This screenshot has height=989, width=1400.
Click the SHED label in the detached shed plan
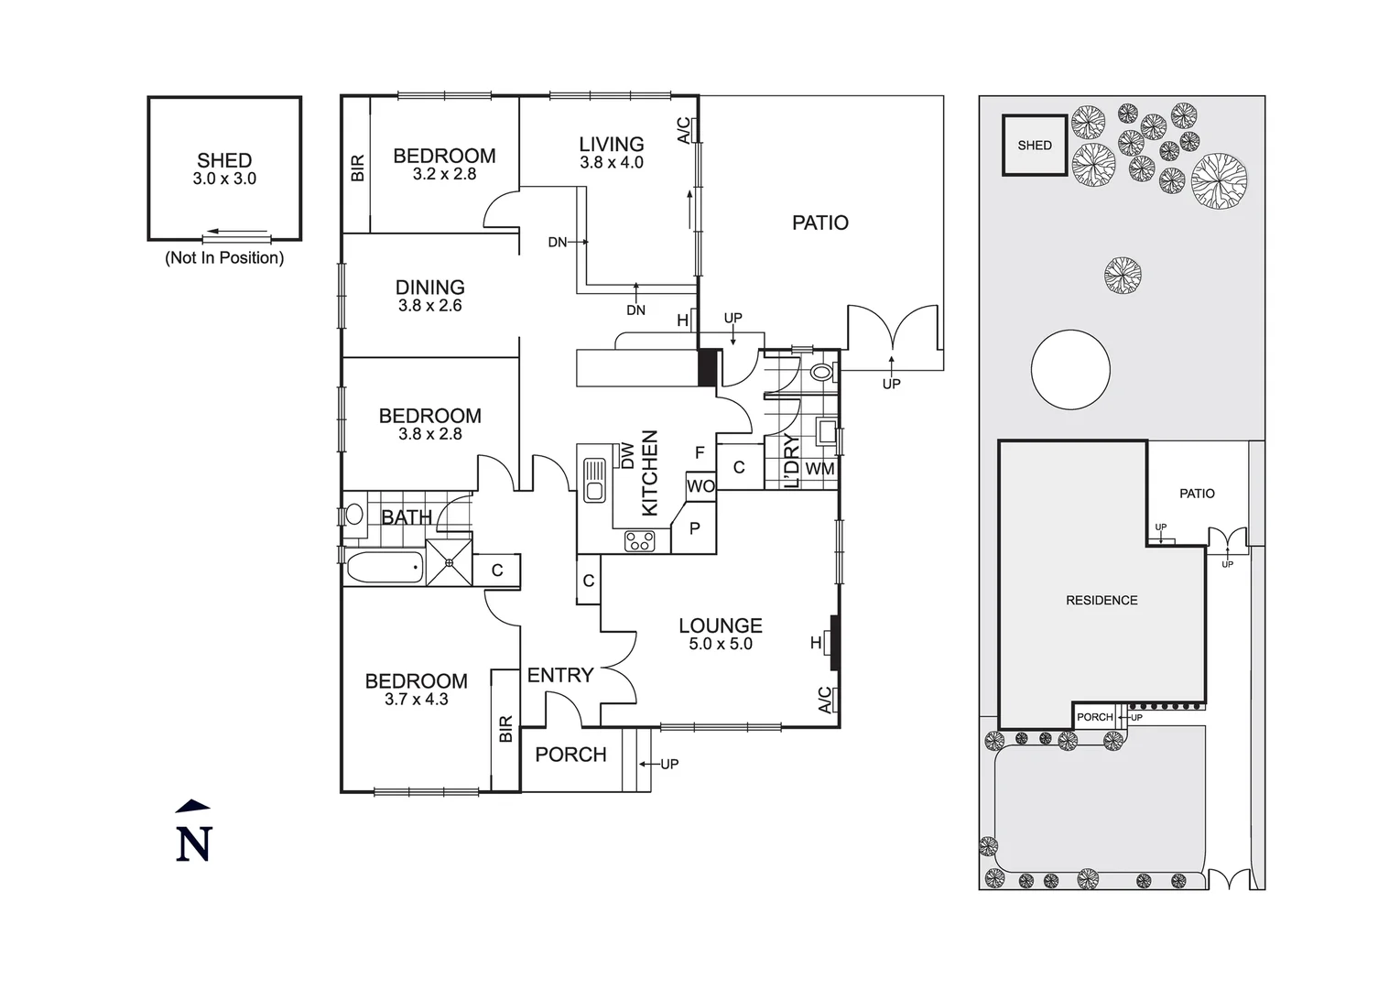[x=224, y=161]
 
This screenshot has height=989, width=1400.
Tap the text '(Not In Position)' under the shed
[x=224, y=258]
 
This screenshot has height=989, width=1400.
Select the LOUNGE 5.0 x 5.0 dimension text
[x=721, y=645]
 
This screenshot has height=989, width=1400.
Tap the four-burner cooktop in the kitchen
[x=640, y=541]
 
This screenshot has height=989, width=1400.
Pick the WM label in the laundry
[x=819, y=469]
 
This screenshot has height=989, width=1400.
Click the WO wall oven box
[x=700, y=486]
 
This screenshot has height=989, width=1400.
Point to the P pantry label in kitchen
[x=695, y=528]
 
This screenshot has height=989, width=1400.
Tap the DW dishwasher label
[x=628, y=455]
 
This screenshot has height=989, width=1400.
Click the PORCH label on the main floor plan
[x=570, y=755]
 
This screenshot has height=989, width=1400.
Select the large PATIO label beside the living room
[x=820, y=223]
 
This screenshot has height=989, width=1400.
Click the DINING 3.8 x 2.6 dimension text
[x=429, y=306]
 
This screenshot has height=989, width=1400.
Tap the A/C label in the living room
[x=683, y=130]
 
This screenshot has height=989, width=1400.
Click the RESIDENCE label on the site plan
[x=1102, y=601]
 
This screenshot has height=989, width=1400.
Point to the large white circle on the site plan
[x=1070, y=370]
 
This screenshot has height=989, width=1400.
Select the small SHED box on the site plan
[x=1035, y=145]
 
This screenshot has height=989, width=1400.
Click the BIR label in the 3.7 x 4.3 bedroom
[x=505, y=729]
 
